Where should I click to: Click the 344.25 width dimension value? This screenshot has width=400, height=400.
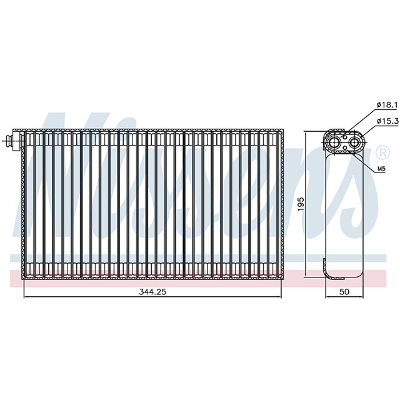pyautogui.click(x=152, y=292)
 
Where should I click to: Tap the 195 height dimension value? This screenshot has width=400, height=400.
pyautogui.click(x=301, y=204)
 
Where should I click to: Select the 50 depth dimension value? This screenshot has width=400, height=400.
pyautogui.click(x=343, y=292)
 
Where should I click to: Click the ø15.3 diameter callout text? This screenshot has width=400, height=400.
pyautogui.click(x=387, y=121)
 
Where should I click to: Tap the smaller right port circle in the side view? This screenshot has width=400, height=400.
pyautogui.click(x=354, y=142)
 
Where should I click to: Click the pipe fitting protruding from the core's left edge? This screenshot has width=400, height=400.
pyautogui.click(x=12, y=141)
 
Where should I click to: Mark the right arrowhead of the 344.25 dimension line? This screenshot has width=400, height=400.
pyautogui.click(x=279, y=297)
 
